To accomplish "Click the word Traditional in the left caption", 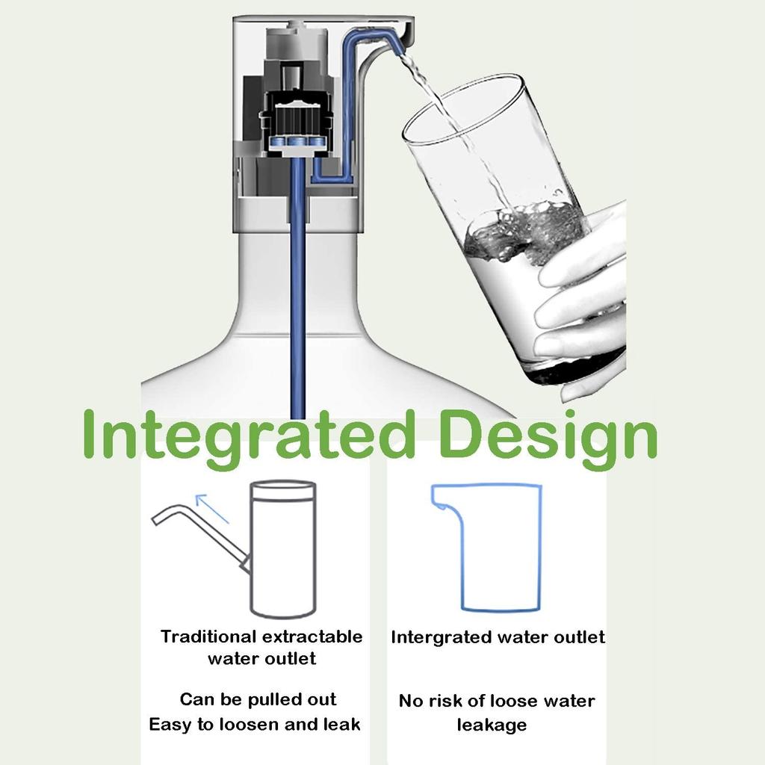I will click(208, 637).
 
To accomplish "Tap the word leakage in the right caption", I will click(492, 725).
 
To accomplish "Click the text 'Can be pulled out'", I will click(258, 700).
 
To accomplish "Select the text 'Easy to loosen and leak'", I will click(255, 725).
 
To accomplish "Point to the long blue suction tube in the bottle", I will click(297, 299).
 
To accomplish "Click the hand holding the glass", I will click(586, 299).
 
